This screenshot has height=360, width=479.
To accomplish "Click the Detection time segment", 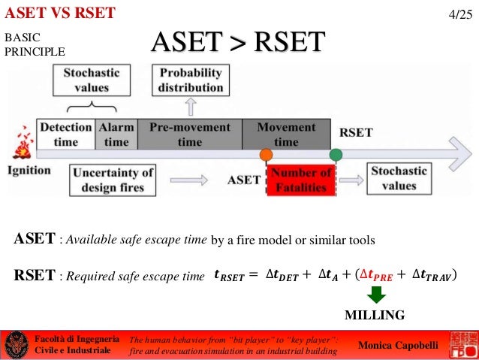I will click(x=65, y=135).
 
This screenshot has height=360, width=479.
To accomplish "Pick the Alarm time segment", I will click(x=116, y=135).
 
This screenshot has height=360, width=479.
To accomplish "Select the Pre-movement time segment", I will click(x=189, y=135).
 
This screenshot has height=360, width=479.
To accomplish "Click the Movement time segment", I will click(x=286, y=135).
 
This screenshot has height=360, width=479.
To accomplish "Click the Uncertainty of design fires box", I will click(x=112, y=180).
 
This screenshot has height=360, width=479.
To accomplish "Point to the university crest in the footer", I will click(x=14, y=346).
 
